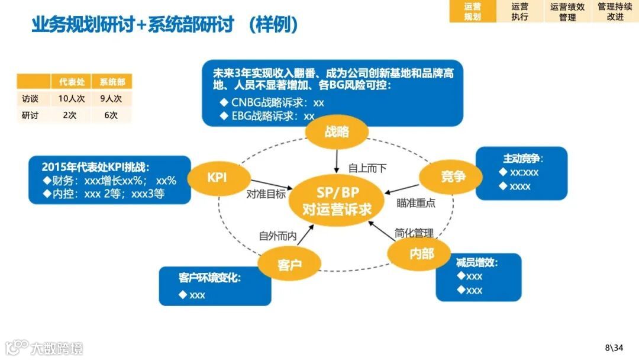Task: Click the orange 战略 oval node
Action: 337,132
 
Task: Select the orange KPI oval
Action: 217,178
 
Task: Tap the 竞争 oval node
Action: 453,176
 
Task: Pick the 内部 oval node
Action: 421,253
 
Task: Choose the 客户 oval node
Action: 289,264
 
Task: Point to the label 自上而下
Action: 367,169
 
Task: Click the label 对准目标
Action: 266,194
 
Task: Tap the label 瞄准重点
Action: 416,202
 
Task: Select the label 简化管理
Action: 414,233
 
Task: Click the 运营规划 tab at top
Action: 472,11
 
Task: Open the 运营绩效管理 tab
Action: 567,11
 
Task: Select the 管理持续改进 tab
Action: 615,11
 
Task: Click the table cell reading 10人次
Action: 74,99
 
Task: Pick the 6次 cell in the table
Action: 111,115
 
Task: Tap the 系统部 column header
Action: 111,82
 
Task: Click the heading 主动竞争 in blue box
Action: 523,159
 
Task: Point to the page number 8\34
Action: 614,348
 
